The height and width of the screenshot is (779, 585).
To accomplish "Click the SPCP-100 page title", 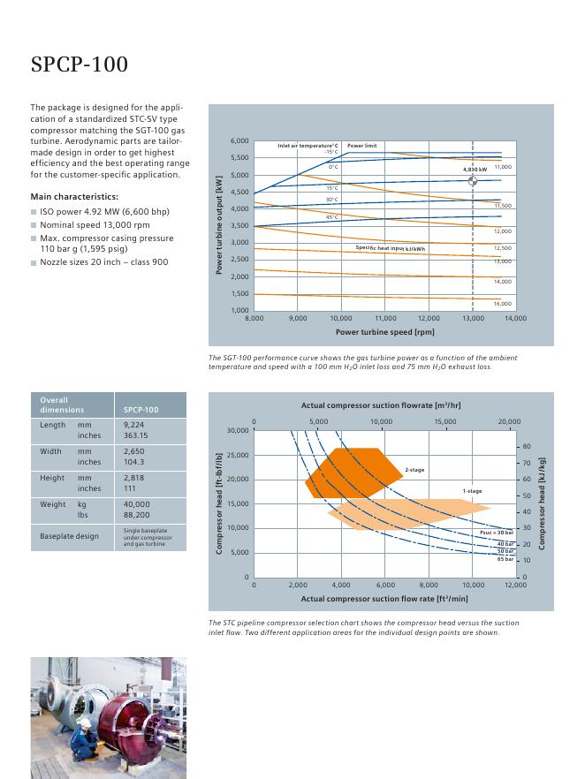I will pos(80,65).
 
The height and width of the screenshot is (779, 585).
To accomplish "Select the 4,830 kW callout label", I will pos(475,169).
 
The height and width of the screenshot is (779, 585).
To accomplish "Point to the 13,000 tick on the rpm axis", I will pos(473,318).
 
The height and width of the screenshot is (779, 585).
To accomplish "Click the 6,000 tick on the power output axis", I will pos(239,141).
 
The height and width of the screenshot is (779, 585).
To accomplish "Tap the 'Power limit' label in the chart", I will pos(361,146).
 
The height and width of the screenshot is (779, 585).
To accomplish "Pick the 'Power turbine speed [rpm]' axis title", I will pos(385,332).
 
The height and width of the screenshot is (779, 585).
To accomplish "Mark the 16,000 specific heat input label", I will pos(502,303).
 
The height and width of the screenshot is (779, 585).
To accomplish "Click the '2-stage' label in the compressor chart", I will pos(414,470).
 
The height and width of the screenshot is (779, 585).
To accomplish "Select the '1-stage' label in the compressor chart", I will pos(472,491).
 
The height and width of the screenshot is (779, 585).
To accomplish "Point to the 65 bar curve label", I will pos(505,559).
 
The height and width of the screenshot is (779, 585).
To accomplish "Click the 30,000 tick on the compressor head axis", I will pos(238,430).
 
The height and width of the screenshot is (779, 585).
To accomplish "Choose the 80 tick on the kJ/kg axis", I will pos(527,447).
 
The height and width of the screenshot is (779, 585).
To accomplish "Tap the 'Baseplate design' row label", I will pos(69,536).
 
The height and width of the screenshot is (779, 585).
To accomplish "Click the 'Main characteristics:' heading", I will pos(74,196).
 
